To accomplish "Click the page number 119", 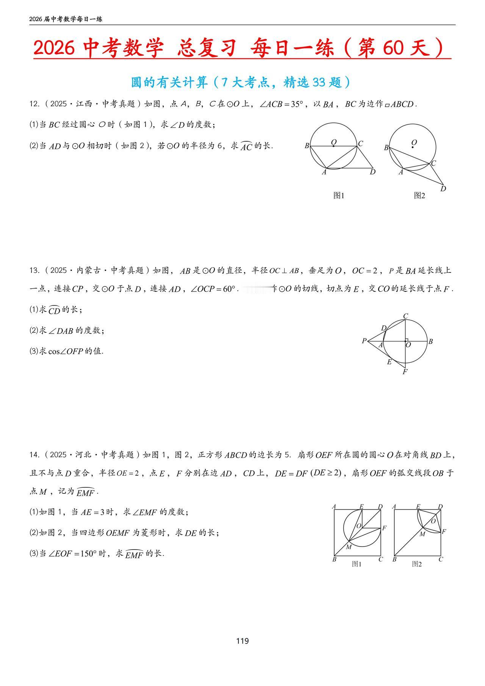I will (242, 641).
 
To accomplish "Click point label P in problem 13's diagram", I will (364, 341).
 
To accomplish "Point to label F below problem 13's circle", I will (405, 372).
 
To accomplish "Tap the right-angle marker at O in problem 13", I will (407, 340).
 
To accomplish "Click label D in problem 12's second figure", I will (443, 189).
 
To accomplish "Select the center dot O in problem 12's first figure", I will (333, 146).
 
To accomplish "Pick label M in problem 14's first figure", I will (349, 547).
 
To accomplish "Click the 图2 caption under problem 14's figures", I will (417, 564).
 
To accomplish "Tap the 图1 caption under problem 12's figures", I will (338, 196).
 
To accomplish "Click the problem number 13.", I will (34, 271).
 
